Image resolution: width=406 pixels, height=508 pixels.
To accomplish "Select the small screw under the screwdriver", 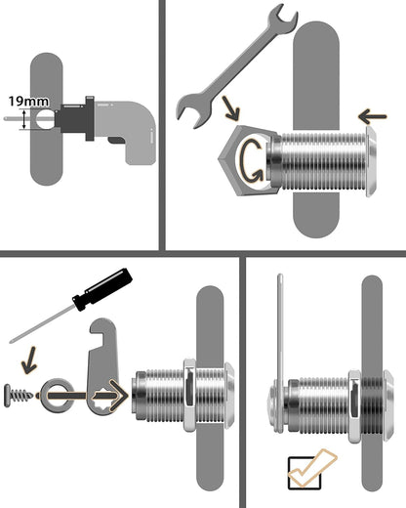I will pos(26,400).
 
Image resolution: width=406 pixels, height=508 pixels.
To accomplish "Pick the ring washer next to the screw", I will pos(58,397).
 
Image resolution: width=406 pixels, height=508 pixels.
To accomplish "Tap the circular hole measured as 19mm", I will pos(45,123).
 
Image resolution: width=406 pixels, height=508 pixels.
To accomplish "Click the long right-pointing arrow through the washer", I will pos(98,396).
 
